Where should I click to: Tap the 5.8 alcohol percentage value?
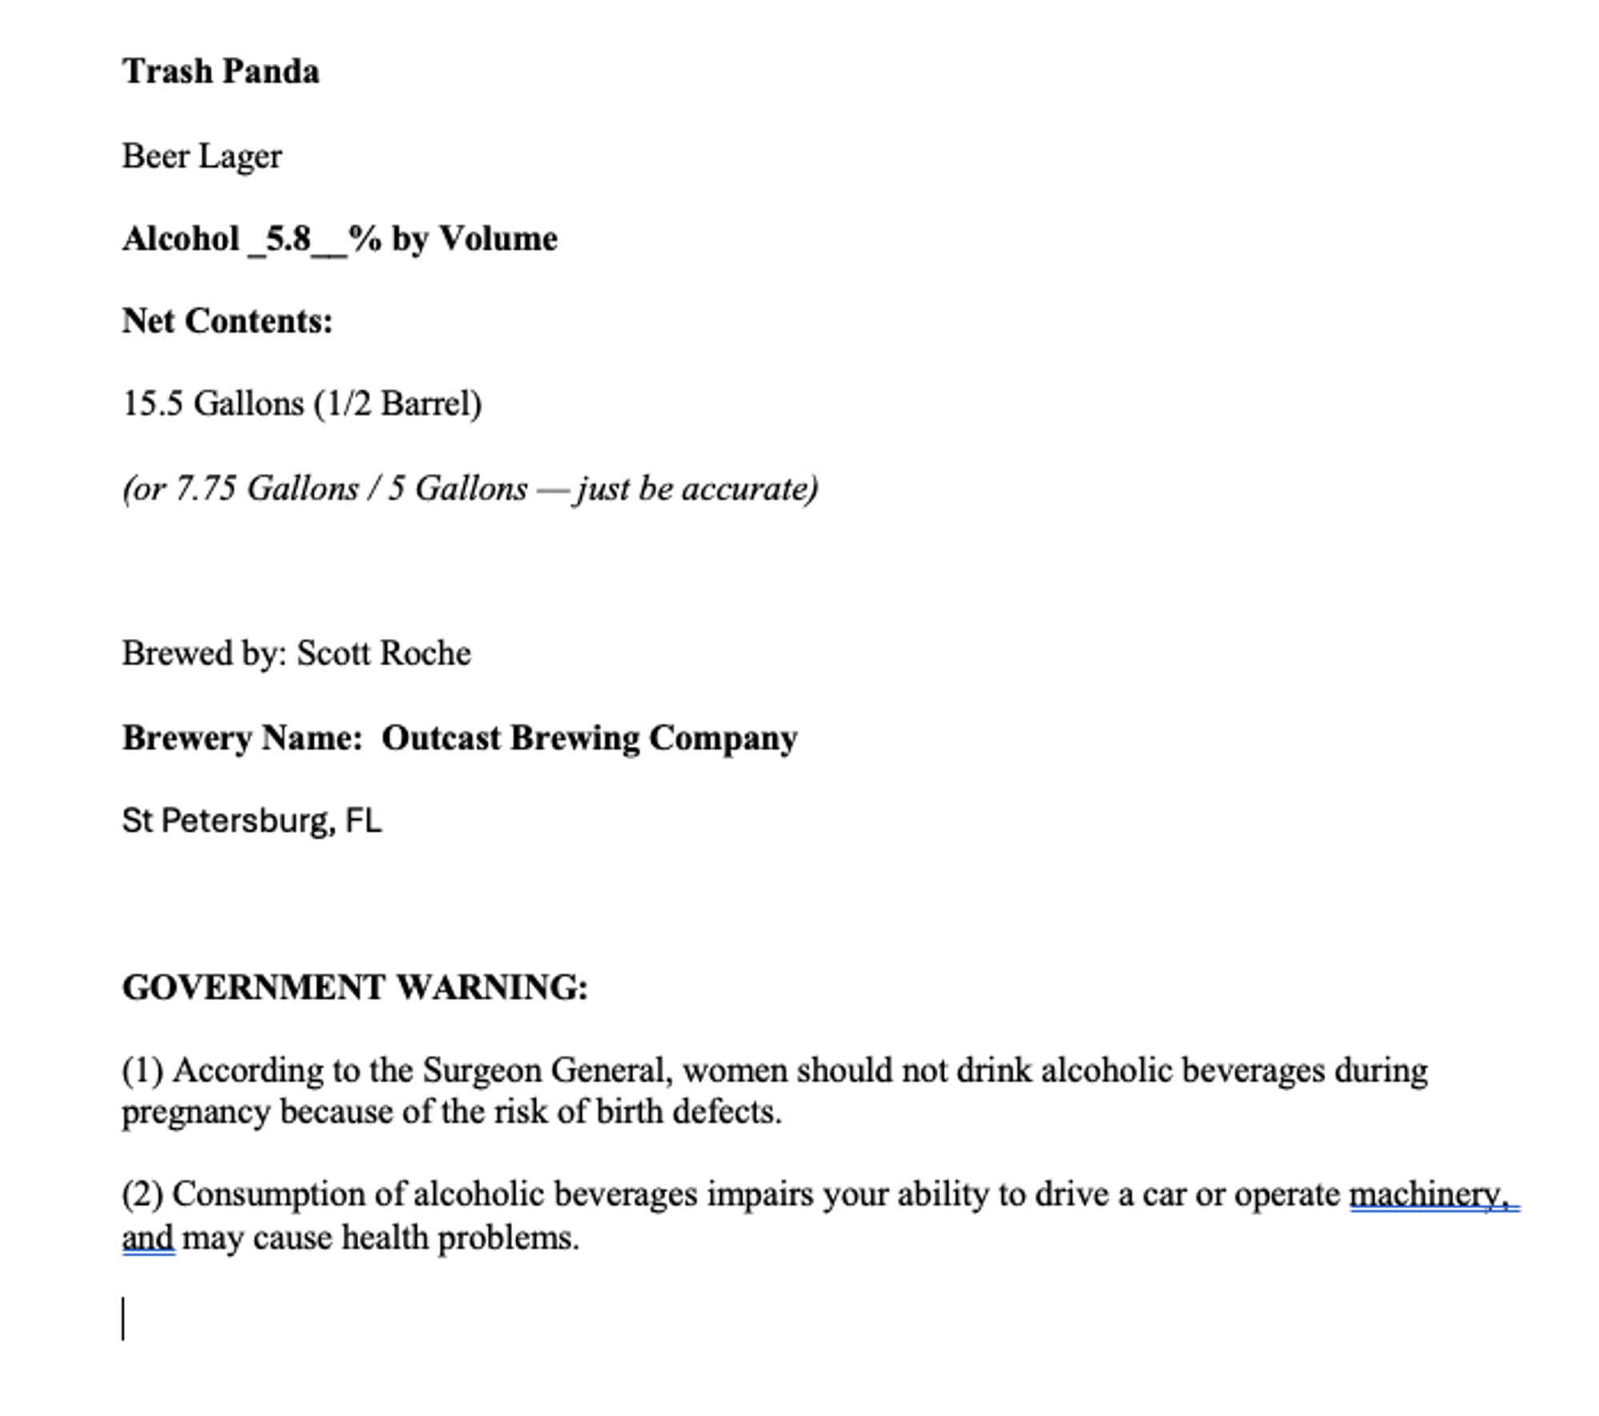click(x=288, y=239)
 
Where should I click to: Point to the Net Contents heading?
click(x=227, y=321)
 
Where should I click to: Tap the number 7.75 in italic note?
click(x=205, y=489)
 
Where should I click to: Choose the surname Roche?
click(x=425, y=653)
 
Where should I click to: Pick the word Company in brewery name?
click(x=723, y=738)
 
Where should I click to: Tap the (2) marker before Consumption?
click(x=142, y=1195)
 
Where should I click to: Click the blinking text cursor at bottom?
click(x=123, y=1318)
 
